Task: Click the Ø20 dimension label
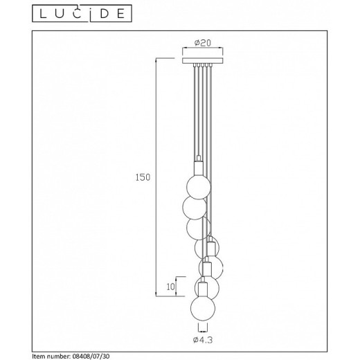tap(203, 43)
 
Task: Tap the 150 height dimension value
tap(143, 177)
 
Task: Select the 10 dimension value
tap(170, 287)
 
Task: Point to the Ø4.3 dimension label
tap(203, 340)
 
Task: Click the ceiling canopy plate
tap(203, 61)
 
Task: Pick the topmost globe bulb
tap(199, 187)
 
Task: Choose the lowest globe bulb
tap(203, 309)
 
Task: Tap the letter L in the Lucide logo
tap(43, 14)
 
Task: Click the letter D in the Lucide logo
tap(105, 14)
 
